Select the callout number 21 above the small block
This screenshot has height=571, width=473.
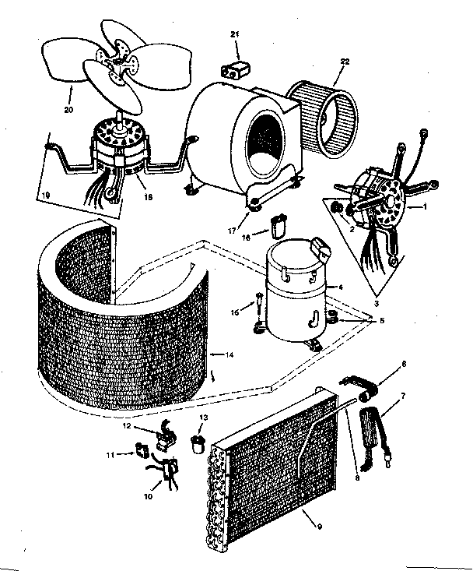(x=235, y=35)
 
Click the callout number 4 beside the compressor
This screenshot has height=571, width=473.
(x=340, y=287)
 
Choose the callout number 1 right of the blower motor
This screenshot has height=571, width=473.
(x=427, y=207)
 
